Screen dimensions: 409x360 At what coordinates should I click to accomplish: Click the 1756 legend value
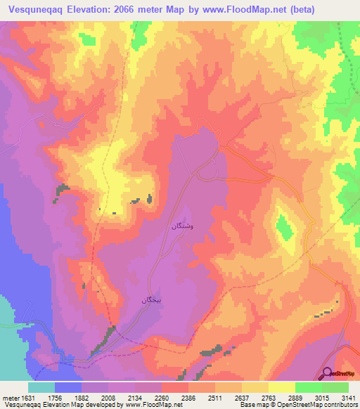(x=56, y=397)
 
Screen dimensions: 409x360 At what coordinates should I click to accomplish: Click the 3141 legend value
(x=349, y=397)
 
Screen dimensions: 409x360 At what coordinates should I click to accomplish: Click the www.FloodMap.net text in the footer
(x=148, y=405)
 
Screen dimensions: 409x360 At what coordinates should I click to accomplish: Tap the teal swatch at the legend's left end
(x=41, y=387)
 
